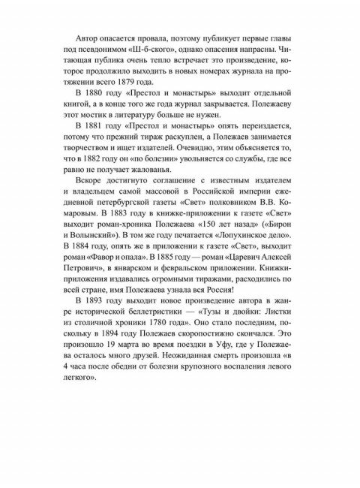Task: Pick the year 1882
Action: tap(121, 177)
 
